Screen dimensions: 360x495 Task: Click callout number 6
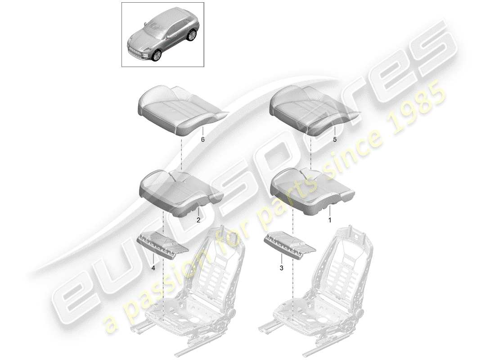202,140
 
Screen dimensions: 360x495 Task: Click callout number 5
334,140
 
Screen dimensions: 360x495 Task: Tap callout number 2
198,220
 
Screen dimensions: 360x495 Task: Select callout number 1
329,220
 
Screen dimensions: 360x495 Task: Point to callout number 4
153,268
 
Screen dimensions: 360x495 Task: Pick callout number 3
281,268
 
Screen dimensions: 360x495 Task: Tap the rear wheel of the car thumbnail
193,35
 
